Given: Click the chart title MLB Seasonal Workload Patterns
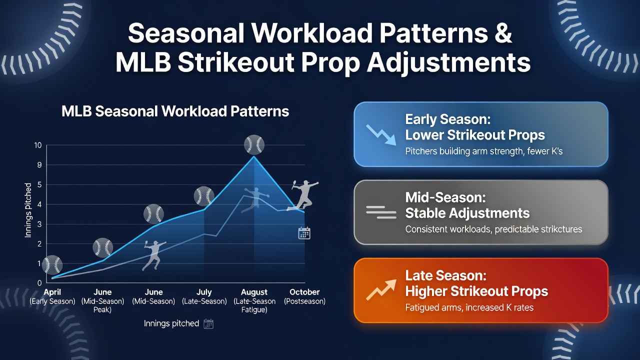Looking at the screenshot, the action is tap(175, 111).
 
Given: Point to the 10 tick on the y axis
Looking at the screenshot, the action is tap(37, 145).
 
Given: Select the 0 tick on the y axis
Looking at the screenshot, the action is tap(39, 283).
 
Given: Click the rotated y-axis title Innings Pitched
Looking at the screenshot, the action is tap(27, 210).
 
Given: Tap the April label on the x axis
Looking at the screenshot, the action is tap(52, 292).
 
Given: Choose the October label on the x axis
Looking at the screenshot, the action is tap(304, 292).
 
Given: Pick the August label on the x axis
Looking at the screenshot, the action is tap(254, 292).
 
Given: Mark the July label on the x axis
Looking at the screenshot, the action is tap(204, 292).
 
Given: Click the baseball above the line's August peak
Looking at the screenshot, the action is tap(254, 144).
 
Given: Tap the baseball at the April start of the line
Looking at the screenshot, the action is tap(52, 265).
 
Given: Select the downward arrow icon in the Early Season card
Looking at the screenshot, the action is tap(381, 135).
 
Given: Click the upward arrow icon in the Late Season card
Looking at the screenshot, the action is tap(381, 289).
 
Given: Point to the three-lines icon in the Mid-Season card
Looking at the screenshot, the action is tap(381, 212).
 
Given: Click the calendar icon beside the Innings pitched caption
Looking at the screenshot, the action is tap(208, 323).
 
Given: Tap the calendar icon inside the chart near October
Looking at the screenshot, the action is tap(304, 233).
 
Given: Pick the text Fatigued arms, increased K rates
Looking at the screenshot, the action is tap(469, 307).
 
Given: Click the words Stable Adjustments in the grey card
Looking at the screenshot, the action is tap(467, 213).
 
